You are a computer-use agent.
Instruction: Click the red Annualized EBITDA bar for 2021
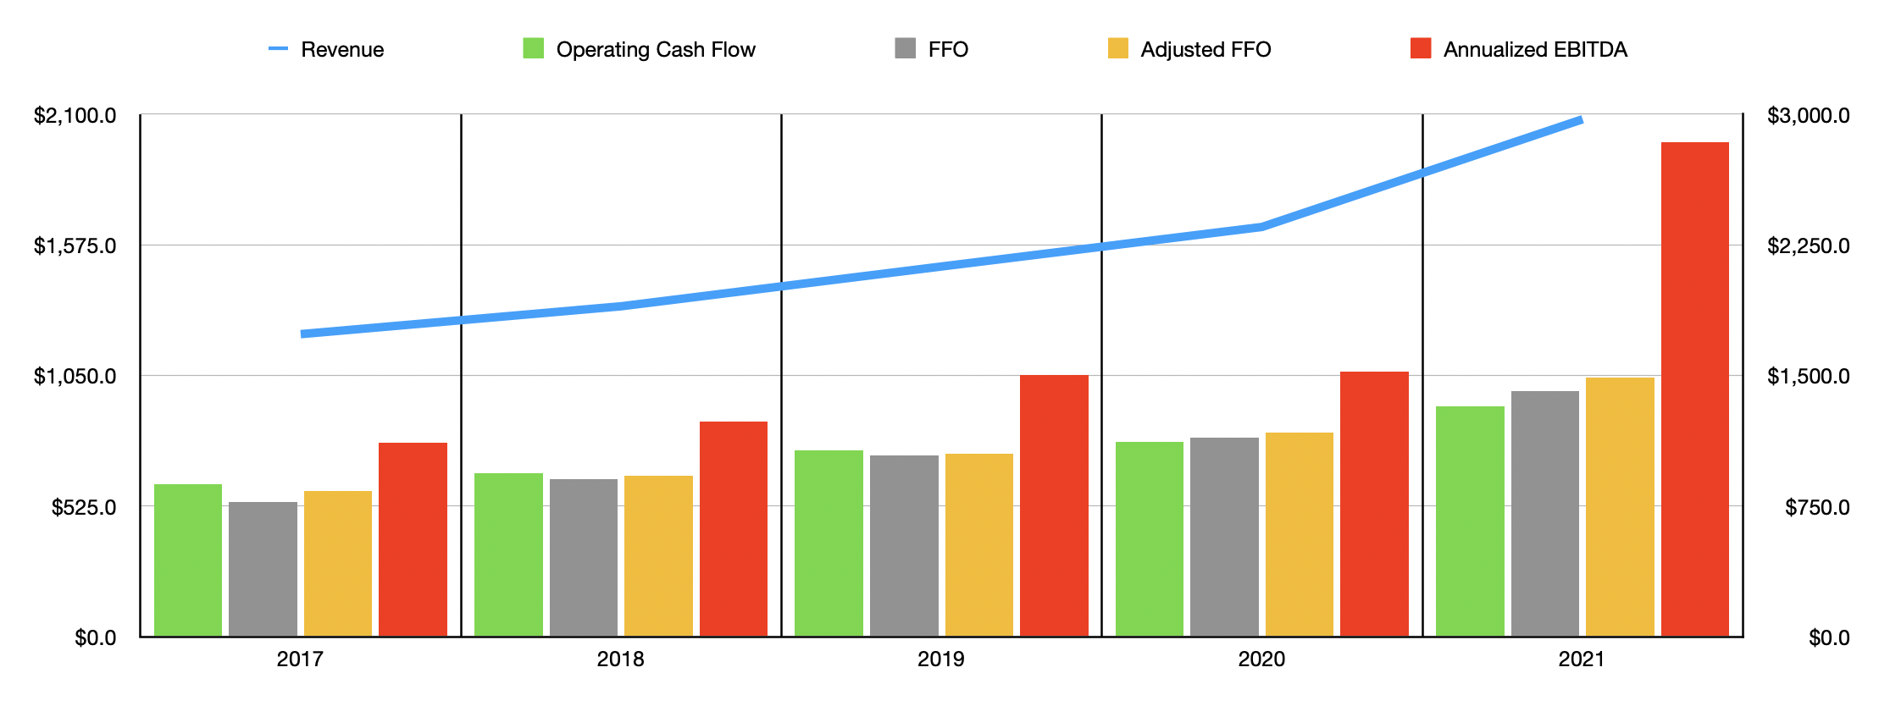pos(1694,389)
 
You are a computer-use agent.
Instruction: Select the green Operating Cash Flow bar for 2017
pos(187,560)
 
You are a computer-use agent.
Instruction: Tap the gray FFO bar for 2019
pos(904,546)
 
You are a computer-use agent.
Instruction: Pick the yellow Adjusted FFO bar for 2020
pos(1299,535)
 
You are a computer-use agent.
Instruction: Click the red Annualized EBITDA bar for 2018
pos(733,529)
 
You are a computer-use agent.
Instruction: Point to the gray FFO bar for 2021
pos(1544,514)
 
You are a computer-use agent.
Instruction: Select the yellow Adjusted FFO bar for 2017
pos(337,564)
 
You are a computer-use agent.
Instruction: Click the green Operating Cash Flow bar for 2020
pos(1149,539)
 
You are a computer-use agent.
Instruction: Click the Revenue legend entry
pos(326,49)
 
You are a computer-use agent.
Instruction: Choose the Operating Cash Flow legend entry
pos(640,49)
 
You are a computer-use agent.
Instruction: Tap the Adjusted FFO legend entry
pos(1189,49)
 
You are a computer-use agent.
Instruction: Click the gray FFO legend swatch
pos(905,48)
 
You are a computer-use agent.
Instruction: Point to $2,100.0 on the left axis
pos(75,115)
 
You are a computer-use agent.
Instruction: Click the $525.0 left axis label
pos(84,507)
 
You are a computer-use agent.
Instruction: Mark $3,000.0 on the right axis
pos(1808,115)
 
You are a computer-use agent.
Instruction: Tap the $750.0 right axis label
pos(1817,507)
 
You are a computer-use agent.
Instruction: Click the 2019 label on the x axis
pos(940,659)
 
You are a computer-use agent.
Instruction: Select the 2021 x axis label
pos(1581,659)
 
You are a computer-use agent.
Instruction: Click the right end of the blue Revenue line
pos(1580,120)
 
